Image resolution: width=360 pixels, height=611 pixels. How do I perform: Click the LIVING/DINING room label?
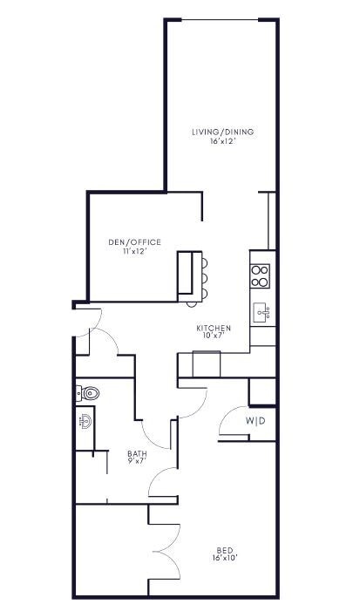(223, 132)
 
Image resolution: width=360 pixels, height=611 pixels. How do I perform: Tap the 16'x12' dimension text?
(223, 142)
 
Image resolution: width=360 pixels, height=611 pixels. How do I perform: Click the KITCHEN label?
(214, 328)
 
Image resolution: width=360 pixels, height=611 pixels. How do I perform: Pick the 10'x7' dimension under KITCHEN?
(214, 336)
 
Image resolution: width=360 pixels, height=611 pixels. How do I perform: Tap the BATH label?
(137, 453)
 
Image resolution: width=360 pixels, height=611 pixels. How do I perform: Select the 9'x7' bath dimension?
(137, 462)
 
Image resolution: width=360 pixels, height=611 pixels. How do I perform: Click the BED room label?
(224, 549)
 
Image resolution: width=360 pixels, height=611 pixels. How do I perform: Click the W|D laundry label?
(255, 422)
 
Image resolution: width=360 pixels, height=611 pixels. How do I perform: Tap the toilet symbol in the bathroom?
(89, 393)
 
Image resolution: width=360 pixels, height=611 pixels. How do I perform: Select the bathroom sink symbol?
(85, 422)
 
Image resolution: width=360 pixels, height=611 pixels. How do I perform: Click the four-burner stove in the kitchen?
(260, 275)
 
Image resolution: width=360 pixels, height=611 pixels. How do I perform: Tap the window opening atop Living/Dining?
(222, 19)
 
